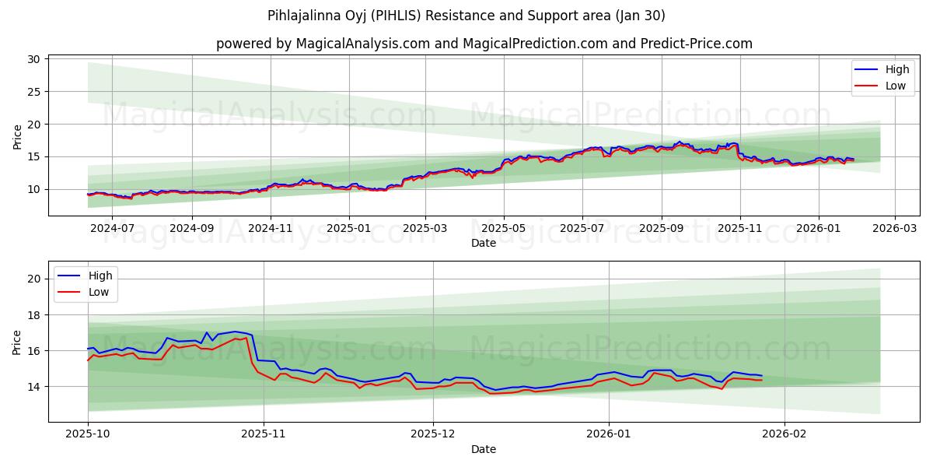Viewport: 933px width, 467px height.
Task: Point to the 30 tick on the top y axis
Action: (33, 59)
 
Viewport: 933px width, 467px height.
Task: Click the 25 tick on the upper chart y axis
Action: (33, 92)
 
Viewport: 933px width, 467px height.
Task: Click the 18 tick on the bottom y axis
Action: (33, 315)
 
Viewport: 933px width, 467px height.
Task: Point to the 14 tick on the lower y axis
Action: (33, 387)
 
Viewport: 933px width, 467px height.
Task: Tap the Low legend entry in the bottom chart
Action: (99, 292)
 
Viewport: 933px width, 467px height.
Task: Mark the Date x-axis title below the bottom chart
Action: (483, 449)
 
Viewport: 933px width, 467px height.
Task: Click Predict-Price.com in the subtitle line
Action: (694, 44)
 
